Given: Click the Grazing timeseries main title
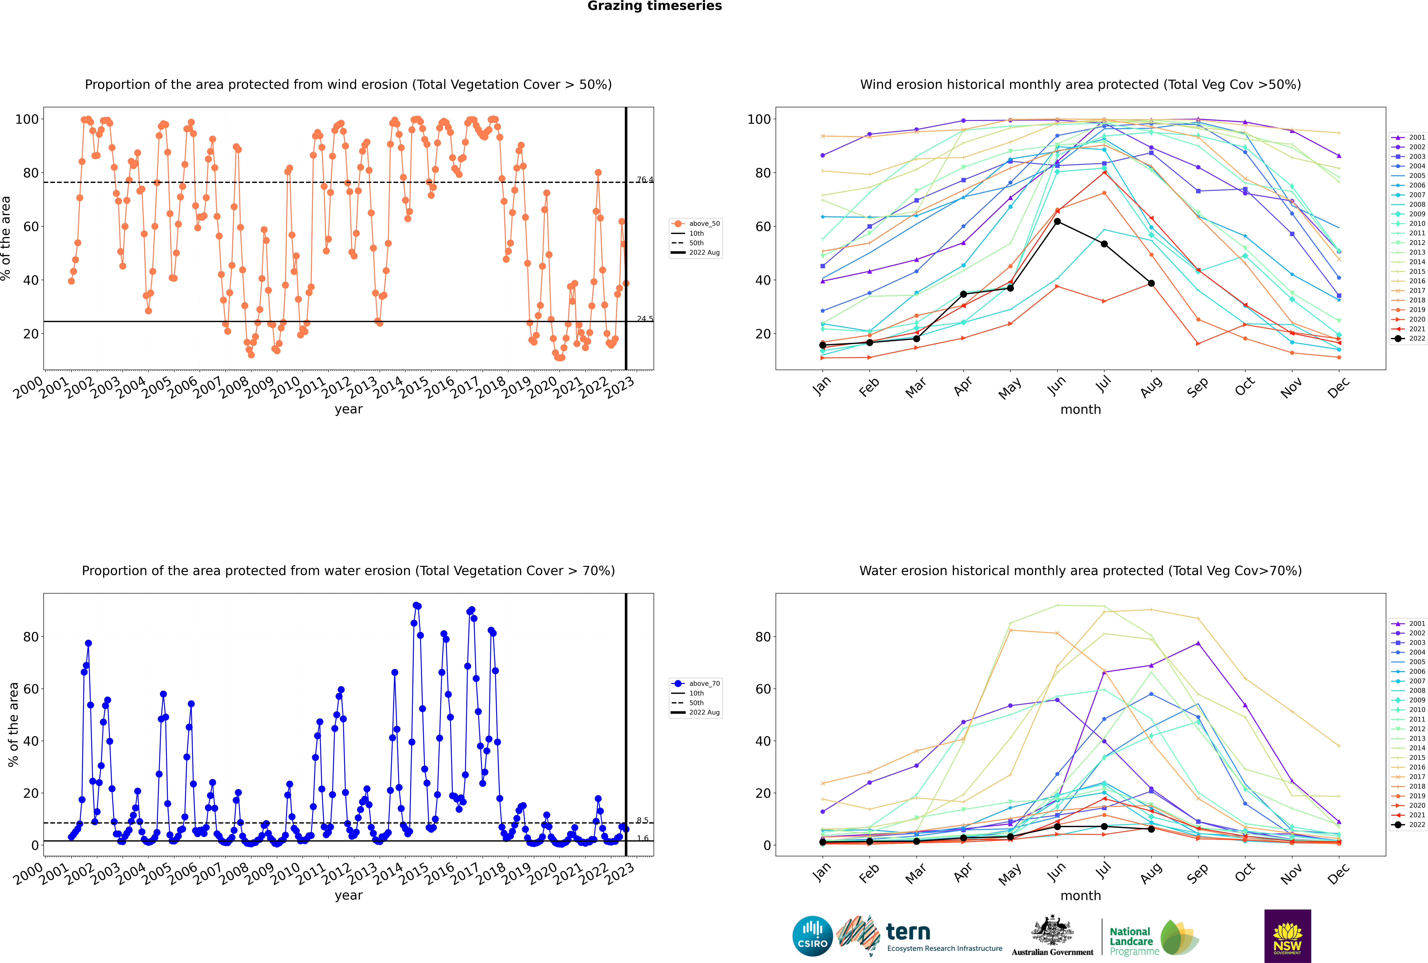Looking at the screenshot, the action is click(655, 6).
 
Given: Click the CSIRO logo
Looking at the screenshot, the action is click(812, 936).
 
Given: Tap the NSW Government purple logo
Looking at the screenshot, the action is click(1287, 936).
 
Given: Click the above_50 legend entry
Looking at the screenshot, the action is click(696, 224).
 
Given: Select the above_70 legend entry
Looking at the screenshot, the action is click(696, 684).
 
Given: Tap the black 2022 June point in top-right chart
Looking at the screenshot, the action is click(1057, 222).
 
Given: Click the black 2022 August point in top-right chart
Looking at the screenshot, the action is click(1151, 283).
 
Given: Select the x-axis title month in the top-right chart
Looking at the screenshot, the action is click(1080, 410).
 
